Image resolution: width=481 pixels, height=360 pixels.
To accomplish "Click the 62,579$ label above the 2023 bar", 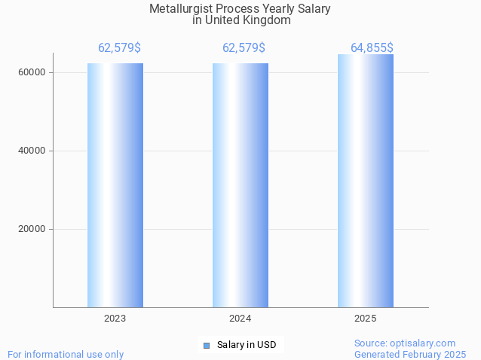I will tap(119, 48).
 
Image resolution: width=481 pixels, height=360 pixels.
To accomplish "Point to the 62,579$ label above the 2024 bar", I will tap(244, 48).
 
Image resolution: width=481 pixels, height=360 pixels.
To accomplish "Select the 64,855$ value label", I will tap(372, 48).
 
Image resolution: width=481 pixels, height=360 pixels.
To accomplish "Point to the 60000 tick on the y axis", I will tap(33, 72).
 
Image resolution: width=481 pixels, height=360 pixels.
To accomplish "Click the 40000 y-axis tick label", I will tap(33, 151).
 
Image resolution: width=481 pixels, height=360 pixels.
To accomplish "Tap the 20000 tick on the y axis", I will tap(33, 229).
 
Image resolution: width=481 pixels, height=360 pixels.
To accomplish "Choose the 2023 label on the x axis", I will tap(115, 319).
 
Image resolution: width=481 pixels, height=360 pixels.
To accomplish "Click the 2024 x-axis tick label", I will tap(240, 319).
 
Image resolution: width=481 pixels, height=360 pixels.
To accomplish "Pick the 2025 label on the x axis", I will tap(366, 319).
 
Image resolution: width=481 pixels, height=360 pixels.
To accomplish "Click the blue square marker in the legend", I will tap(207, 345).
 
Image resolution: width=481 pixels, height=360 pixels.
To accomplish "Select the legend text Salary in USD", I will tap(247, 345).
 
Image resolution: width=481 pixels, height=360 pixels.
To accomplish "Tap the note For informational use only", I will tap(66, 354).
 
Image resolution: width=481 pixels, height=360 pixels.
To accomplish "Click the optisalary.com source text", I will tap(405, 343).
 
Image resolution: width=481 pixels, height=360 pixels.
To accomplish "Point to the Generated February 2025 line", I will tap(410, 354).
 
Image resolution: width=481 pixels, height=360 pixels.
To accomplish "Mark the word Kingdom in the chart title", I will tap(267, 20).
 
